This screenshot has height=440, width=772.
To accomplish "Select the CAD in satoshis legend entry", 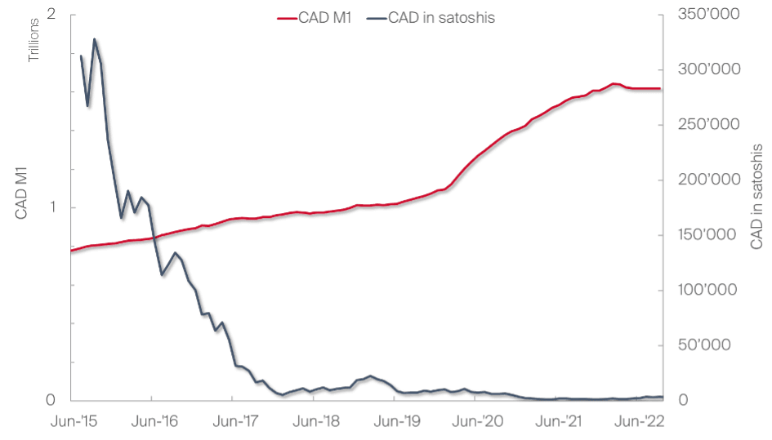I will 440,17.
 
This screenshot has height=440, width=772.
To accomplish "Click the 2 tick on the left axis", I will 52,16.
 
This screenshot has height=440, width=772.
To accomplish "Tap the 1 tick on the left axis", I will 52,207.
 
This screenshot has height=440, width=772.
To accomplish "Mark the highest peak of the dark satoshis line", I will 95,39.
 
